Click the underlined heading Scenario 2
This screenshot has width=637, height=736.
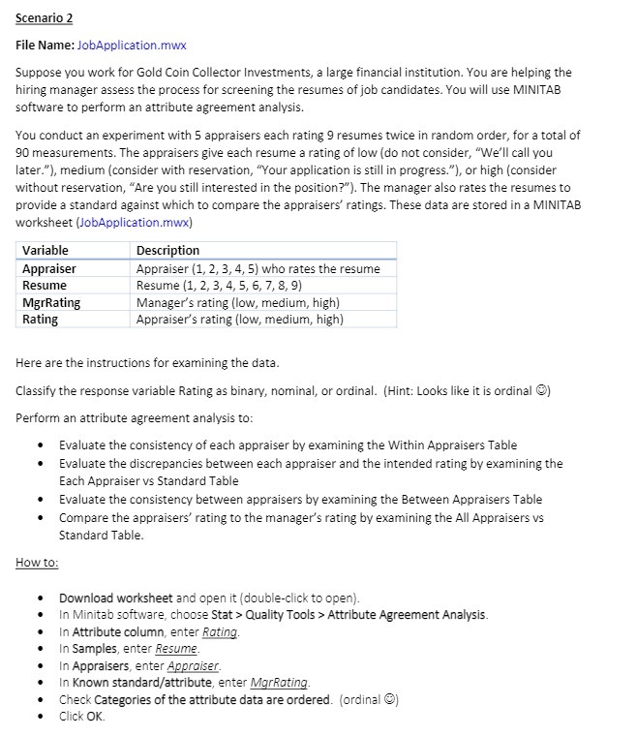(x=45, y=18)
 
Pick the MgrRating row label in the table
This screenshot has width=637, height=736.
(x=51, y=302)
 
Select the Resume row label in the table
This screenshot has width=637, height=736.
(x=45, y=285)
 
